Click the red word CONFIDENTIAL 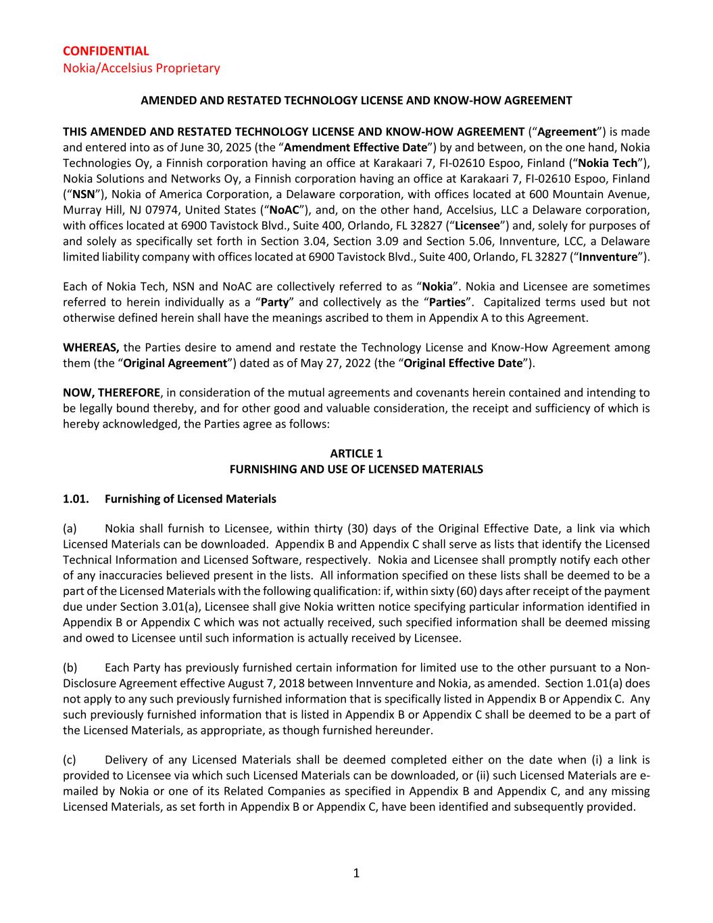click(x=106, y=51)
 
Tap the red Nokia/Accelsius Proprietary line click(x=141, y=68)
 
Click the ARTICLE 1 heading click(x=356, y=454)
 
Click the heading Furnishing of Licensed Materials click(x=191, y=499)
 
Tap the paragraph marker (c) click(x=70, y=760)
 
